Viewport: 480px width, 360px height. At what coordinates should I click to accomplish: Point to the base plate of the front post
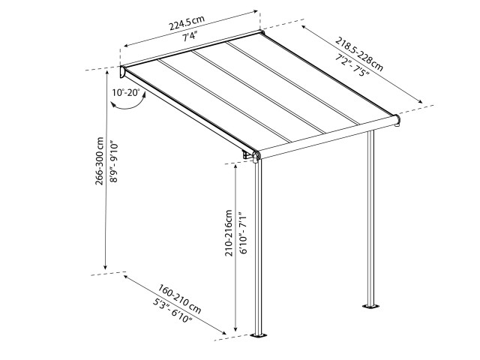coord(260,335)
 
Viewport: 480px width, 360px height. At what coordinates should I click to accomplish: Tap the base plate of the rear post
coord(370,306)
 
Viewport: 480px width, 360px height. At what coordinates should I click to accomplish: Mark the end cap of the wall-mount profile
coord(124,73)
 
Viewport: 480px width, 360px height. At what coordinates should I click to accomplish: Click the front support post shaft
coord(260,247)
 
